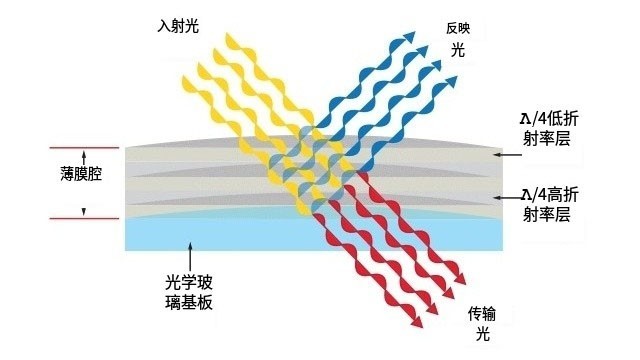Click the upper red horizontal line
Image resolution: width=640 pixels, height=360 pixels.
tap(84, 149)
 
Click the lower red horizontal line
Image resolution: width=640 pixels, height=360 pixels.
tap(84, 217)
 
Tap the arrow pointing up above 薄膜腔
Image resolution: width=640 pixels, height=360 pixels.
tap(84, 158)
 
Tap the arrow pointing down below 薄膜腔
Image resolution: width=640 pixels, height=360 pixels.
tap(84, 210)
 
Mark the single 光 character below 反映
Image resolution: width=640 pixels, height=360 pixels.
tap(458, 47)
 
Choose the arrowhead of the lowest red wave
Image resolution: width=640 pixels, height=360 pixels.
tap(412, 324)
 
